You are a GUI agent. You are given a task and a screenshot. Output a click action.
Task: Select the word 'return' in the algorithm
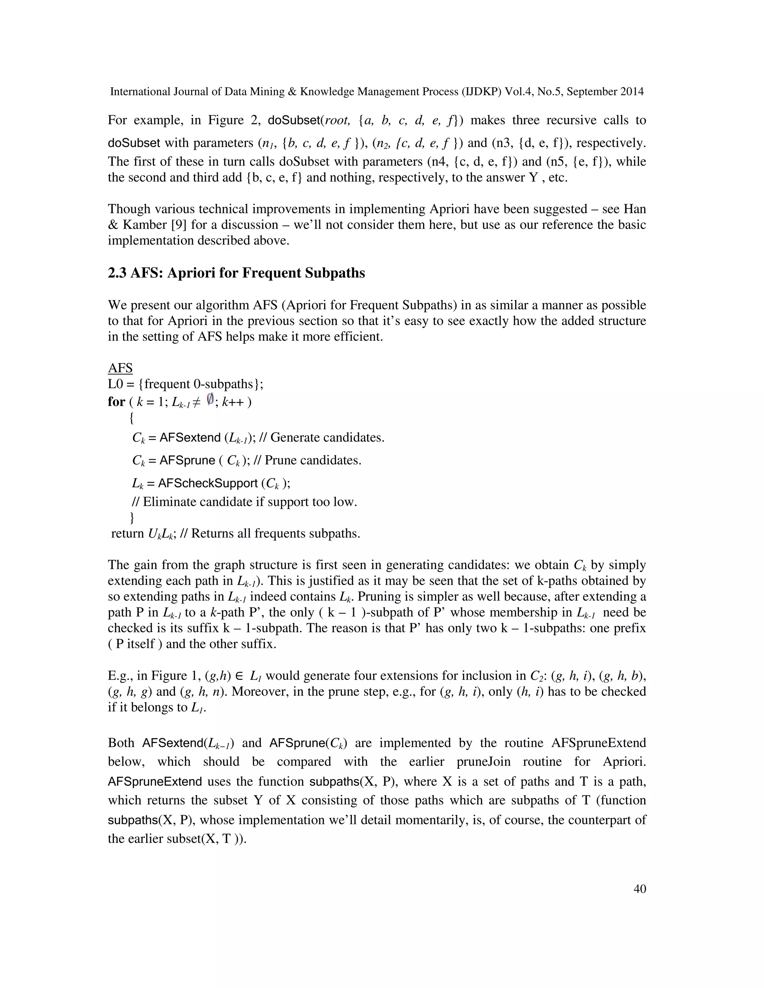point(127,534)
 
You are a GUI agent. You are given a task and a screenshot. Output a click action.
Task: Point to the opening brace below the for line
point(132,419)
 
